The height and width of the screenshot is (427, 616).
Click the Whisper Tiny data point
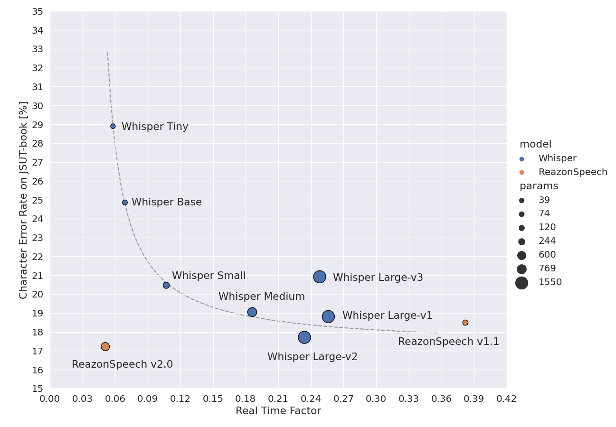(113, 126)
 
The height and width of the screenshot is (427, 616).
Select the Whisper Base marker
(125, 203)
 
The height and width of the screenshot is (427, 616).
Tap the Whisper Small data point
(166, 285)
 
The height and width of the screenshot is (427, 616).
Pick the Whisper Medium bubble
(252, 312)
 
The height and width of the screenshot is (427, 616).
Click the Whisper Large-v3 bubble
(320, 277)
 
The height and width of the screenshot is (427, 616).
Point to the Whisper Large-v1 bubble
(328, 316)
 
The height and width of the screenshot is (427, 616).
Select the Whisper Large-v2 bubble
(304, 337)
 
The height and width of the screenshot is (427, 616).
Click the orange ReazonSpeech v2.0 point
(105, 347)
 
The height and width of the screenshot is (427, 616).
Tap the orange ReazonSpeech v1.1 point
(465, 323)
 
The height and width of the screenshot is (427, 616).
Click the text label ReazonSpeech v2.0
(122, 365)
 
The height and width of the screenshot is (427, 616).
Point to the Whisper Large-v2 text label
(312, 357)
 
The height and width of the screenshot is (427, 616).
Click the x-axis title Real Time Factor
(278, 411)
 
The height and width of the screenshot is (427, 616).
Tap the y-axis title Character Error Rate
(23, 200)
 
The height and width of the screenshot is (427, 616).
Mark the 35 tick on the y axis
(37, 11)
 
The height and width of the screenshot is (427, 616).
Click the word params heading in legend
(539, 186)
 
